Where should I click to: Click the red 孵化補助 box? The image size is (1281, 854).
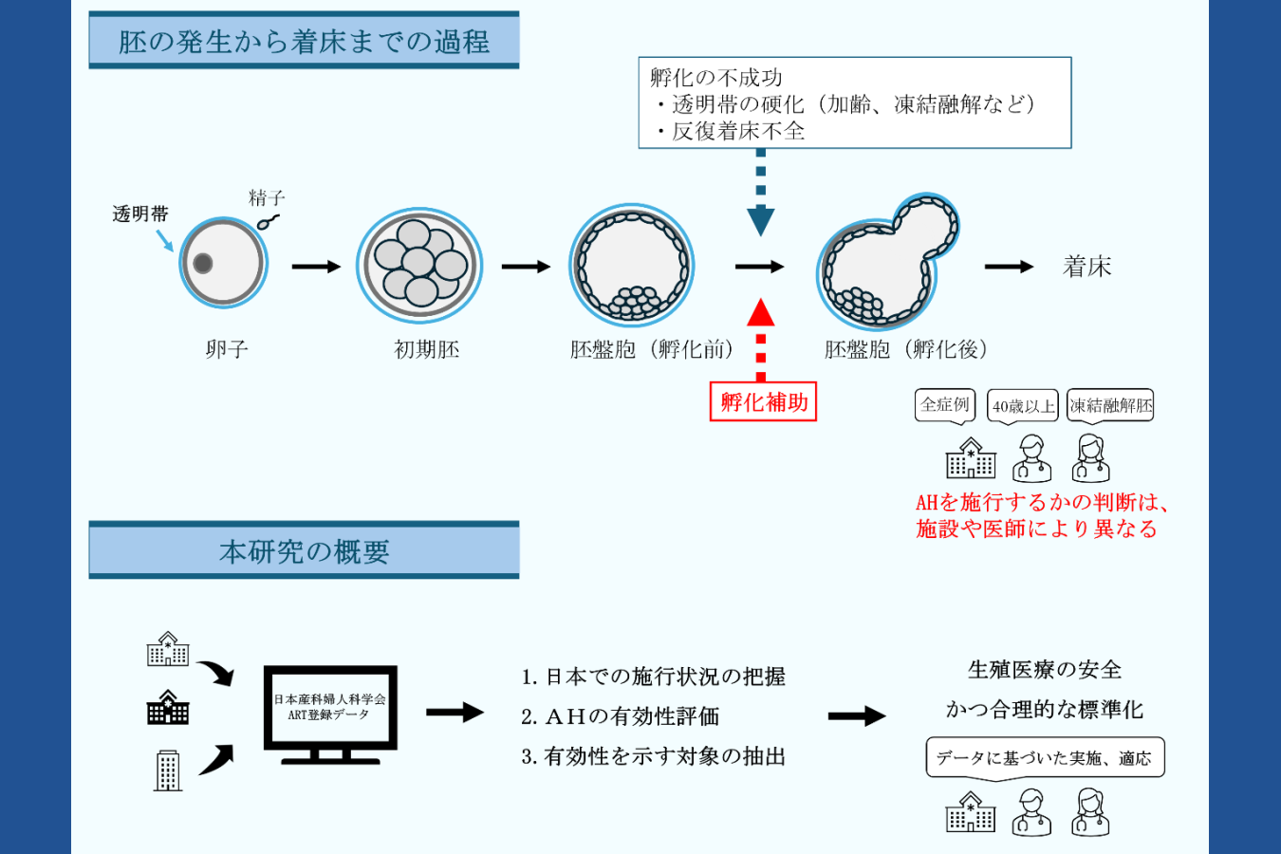[x=763, y=401]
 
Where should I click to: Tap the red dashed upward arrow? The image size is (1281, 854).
[x=760, y=338]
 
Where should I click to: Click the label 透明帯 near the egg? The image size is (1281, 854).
[x=139, y=214]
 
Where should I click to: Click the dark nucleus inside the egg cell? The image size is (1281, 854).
[x=202, y=263]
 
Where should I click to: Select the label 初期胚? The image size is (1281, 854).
[x=426, y=349]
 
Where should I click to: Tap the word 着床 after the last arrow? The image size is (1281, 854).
[x=1087, y=267]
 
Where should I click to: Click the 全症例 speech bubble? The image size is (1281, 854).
[x=945, y=405]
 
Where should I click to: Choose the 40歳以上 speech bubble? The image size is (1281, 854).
[x=1023, y=406]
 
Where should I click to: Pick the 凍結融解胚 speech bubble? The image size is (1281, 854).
[x=1110, y=406]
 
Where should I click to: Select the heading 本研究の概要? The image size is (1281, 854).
[x=304, y=550]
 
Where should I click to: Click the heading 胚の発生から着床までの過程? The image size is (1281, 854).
[x=304, y=41]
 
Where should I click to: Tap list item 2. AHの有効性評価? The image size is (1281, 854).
[x=620, y=716]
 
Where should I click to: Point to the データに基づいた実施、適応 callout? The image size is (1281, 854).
[x=1044, y=757]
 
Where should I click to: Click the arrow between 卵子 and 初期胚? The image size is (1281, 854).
[x=316, y=267]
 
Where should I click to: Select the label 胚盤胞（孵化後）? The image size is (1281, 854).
[x=905, y=349]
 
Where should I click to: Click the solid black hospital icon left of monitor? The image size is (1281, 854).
[x=168, y=708]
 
